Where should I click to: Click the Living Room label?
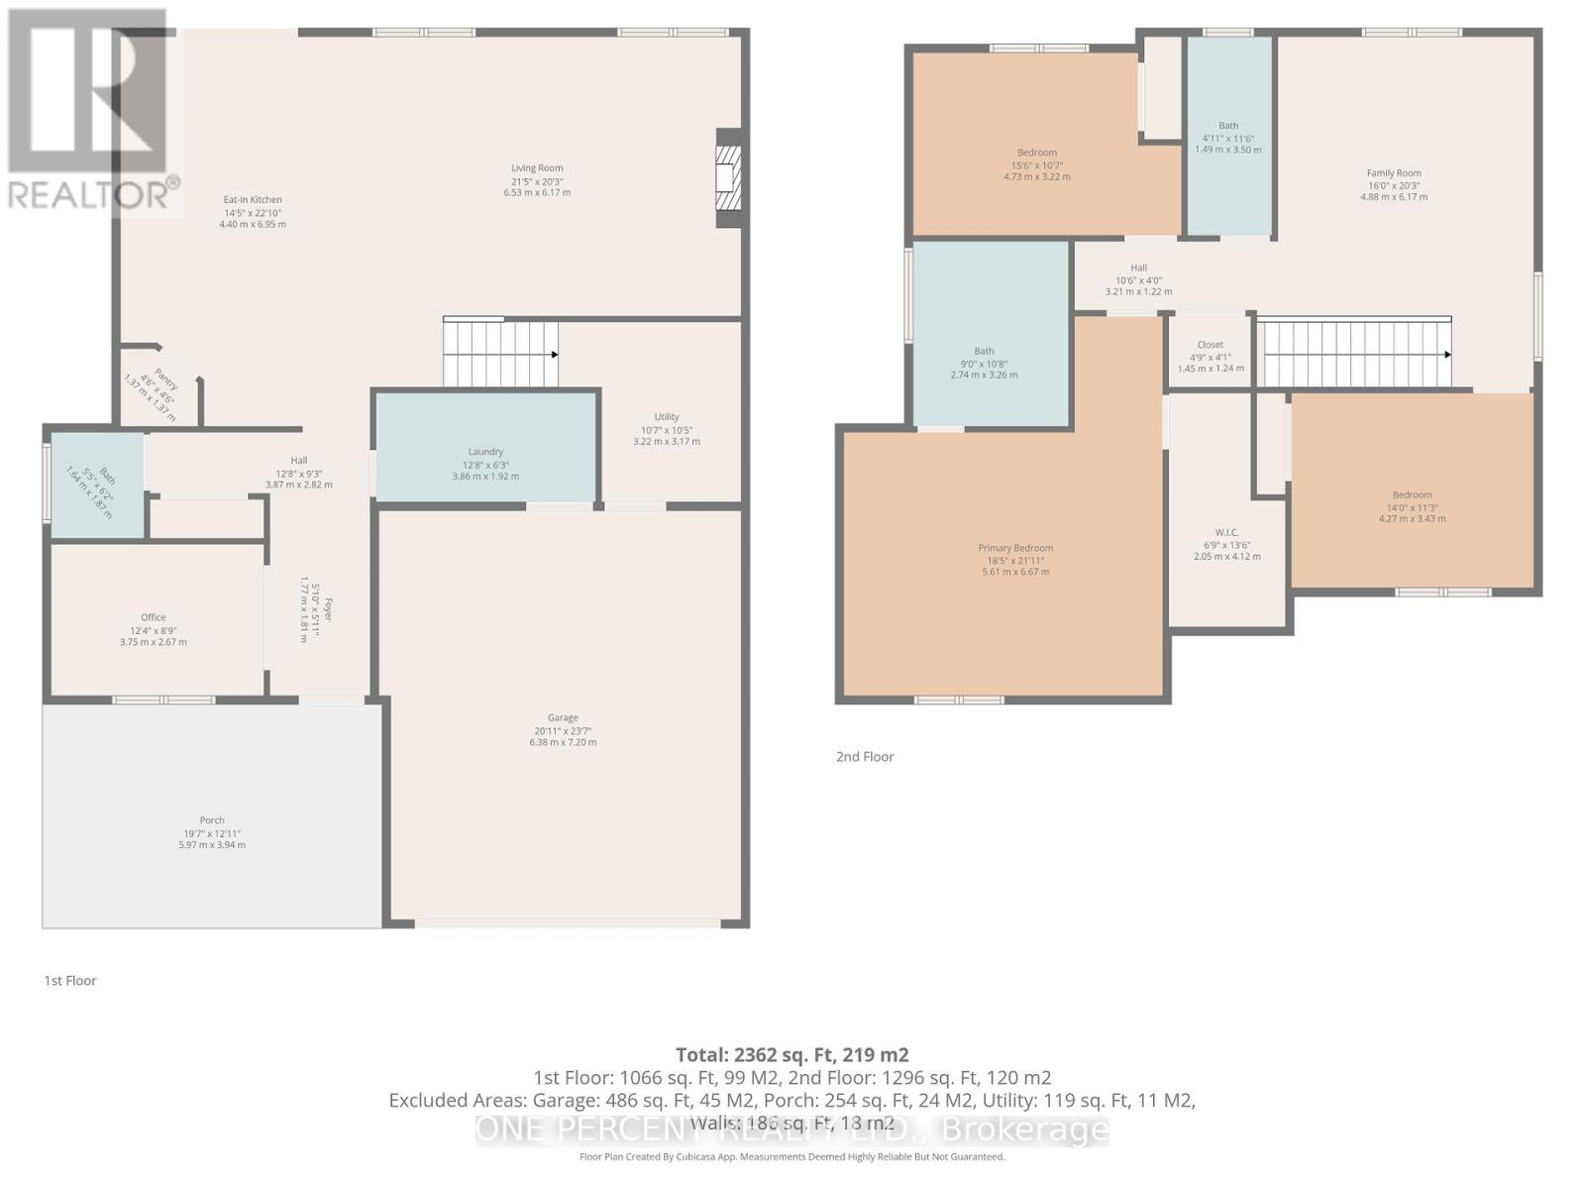point(537,168)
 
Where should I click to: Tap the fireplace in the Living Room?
point(728,178)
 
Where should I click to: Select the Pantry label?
point(164,379)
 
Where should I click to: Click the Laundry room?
point(485,452)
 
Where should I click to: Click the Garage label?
point(563,717)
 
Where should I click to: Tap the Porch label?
point(212,820)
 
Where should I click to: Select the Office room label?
point(154,617)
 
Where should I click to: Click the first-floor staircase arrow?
point(554,354)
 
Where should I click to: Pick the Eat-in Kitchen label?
point(253,200)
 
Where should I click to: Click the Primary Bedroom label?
point(1015,548)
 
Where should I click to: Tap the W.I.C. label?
point(1227,532)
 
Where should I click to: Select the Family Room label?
point(1394,173)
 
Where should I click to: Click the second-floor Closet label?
point(1211,345)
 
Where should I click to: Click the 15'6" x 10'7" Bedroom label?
point(1037,153)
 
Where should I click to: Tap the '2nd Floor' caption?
point(865,757)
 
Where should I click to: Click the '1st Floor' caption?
point(70,981)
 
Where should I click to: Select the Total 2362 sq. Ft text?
point(792,1054)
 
